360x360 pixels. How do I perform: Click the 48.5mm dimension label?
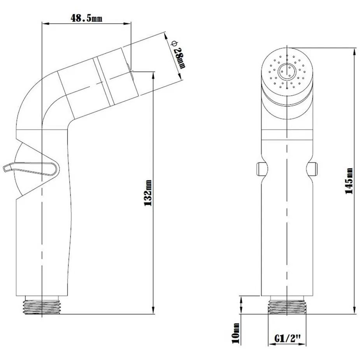[86, 18]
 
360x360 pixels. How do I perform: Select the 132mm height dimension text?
[148, 193]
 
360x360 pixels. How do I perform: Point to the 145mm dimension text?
[349, 181]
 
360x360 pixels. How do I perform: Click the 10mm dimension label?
[235, 333]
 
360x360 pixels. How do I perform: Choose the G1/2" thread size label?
[288, 338]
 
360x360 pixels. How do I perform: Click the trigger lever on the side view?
[31, 169]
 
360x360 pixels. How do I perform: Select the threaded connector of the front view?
[287, 305]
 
